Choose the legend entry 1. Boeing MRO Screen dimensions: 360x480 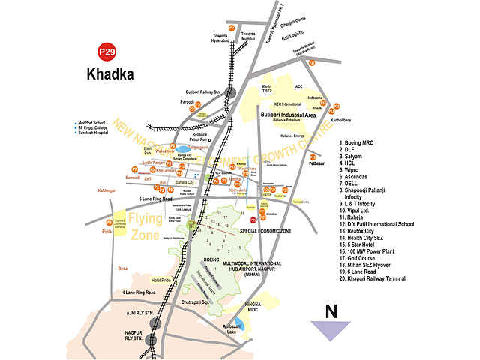(363, 142)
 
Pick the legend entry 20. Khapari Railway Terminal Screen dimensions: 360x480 (386, 278)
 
